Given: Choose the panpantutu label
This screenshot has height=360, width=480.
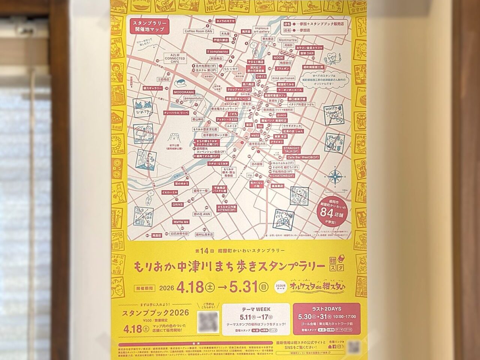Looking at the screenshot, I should pyautogui.click(x=193, y=98).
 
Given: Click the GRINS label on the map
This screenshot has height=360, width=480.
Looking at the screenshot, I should pyautogui.click(x=177, y=205).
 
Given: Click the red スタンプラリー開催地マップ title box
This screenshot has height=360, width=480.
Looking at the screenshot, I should pyautogui.click(x=149, y=27).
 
